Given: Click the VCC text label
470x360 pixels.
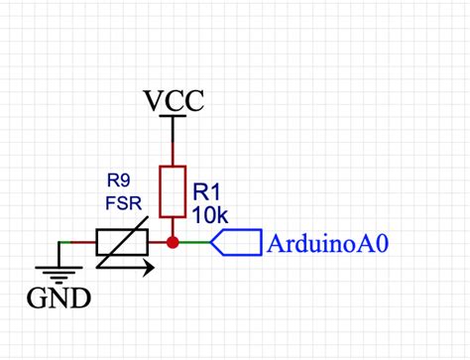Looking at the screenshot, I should coord(174,101).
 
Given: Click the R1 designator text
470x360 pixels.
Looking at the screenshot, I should coord(206,190).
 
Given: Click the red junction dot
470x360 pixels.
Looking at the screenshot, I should coord(173,242).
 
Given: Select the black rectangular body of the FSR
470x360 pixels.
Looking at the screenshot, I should coord(122,242).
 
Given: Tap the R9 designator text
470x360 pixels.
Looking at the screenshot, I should coord(120,180).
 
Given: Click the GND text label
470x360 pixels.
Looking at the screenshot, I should coord(59,297).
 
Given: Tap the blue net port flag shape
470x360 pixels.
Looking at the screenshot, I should coord(234,242).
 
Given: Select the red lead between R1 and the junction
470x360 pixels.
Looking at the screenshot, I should coord(173,227).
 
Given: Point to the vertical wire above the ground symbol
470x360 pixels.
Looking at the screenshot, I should coord(59,253).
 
